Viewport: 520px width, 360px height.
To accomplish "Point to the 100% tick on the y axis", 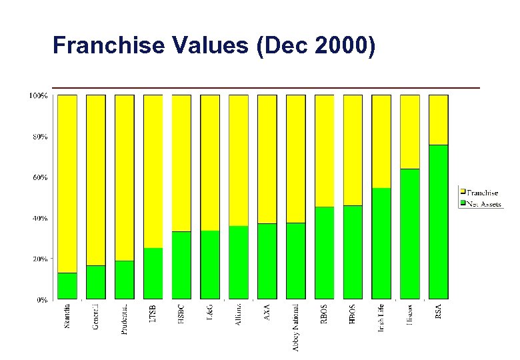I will [x=37, y=95].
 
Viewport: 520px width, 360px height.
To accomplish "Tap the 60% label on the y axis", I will [x=39, y=177].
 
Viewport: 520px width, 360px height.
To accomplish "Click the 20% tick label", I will [x=39, y=259].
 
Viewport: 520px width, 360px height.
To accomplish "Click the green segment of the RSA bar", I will [x=438, y=221].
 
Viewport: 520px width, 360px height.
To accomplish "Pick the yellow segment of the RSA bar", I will [x=438, y=120].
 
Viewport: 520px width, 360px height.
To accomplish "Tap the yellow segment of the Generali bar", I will [x=96, y=180].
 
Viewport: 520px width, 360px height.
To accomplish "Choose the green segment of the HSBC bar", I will [x=181, y=265].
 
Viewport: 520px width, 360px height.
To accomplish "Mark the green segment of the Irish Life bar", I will [x=381, y=243].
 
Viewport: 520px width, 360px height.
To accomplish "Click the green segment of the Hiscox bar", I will [x=410, y=233].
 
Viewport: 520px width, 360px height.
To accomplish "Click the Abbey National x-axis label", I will [x=296, y=327].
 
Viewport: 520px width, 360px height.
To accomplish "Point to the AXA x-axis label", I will [x=267, y=313].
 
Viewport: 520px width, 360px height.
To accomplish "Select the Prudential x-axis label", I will [x=125, y=319].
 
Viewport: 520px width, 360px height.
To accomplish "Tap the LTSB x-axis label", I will [x=153, y=315].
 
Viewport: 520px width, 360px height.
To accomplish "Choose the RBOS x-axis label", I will [x=324, y=315].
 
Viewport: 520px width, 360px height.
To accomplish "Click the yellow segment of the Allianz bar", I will [x=239, y=160].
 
